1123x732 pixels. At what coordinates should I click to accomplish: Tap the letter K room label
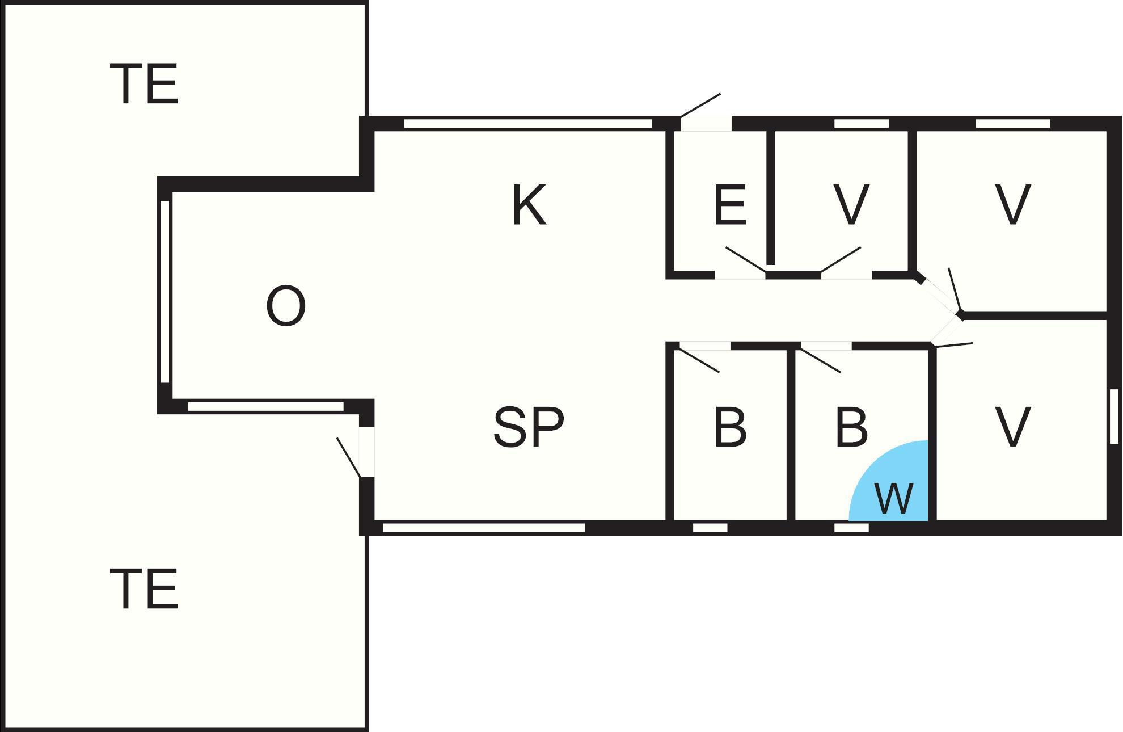click(529, 205)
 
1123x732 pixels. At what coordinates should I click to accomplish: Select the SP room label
click(529, 427)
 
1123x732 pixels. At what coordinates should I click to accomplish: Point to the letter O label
click(285, 306)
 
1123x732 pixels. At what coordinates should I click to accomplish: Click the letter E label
click(730, 205)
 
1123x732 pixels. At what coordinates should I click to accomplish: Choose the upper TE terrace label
click(147, 83)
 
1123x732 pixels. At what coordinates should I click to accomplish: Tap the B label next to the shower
click(851, 426)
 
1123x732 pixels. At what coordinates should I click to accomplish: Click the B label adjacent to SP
click(730, 426)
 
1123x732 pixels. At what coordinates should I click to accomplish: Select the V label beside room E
click(851, 205)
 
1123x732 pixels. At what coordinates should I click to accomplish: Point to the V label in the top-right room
click(1013, 205)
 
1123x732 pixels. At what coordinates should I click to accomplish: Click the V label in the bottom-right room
click(1013, 426)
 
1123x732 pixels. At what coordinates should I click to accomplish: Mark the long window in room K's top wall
click(528, 123)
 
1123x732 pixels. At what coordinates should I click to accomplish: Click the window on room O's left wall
click(165, 292)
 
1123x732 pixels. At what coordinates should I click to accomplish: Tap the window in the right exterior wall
click(1114, 416)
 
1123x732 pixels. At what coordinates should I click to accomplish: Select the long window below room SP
click(484, 528)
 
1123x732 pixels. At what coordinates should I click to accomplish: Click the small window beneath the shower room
click(851, 528)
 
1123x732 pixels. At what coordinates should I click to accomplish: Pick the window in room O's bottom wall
click(265, 406)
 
